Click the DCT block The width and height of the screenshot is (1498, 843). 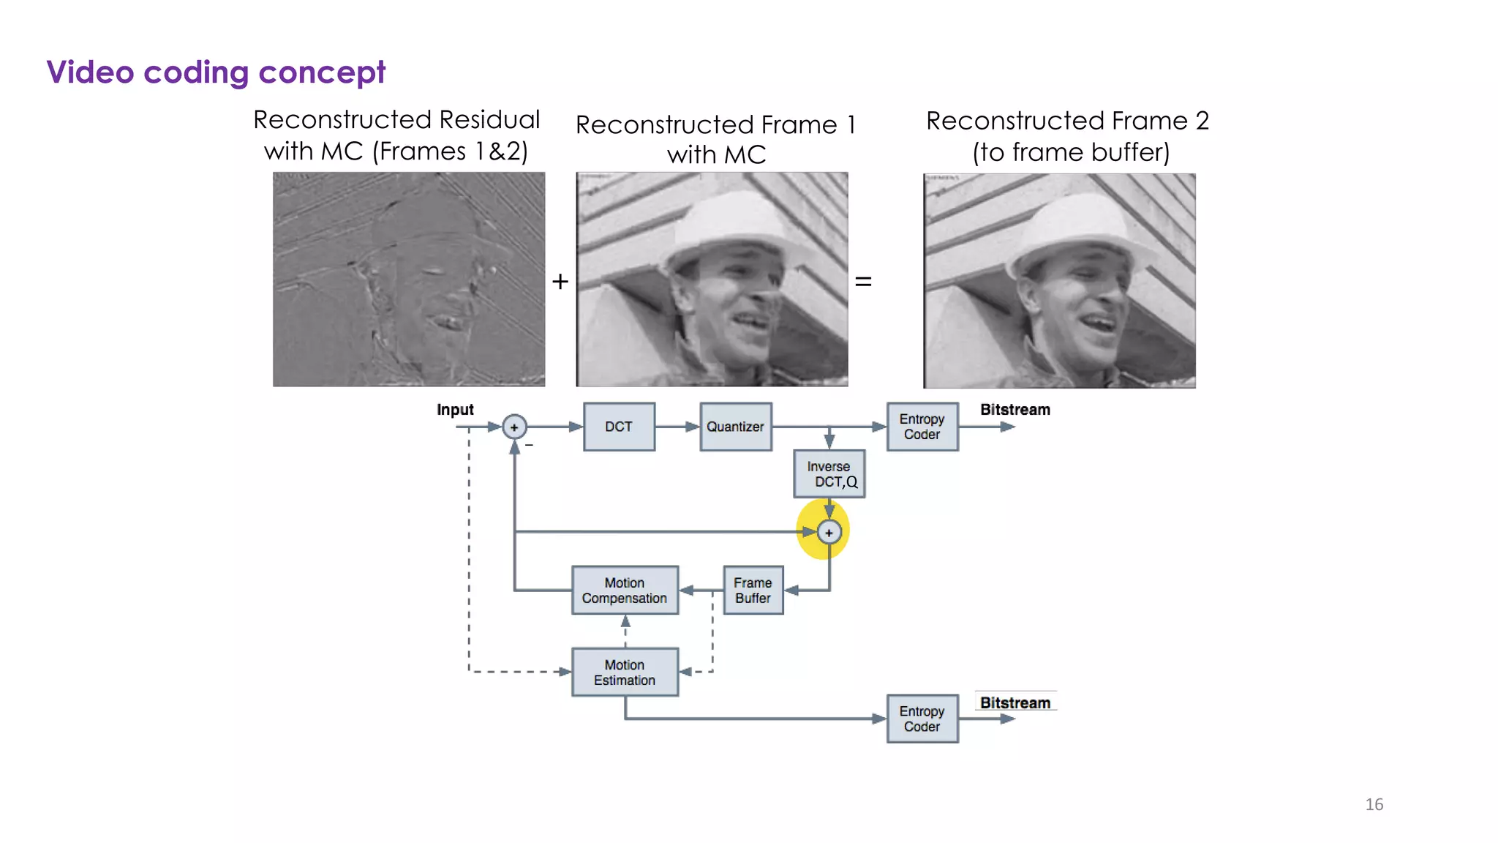tap(619, 427)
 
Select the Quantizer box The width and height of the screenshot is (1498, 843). tap(735, 427)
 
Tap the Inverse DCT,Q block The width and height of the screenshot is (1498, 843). tap(829, 474)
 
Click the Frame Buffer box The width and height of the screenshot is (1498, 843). tap(753, 590)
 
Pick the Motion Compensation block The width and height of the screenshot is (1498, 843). tap(625, 590)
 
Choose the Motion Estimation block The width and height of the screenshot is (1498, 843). tap(625, 672)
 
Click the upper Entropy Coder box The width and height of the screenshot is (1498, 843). tap(922, 427)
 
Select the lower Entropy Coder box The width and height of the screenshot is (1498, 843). tap(922, 719)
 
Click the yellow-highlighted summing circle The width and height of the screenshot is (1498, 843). tap(829, 533)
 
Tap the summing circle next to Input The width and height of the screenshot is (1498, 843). tap(514, 427)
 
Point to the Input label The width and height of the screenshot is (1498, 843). tap(455, 410)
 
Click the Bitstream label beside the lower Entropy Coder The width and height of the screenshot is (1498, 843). tap(1015, 703)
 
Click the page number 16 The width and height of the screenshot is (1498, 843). tap(1374, 804)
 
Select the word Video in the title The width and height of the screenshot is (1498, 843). tap(90, 72)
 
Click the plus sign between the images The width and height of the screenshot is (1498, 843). tap(560, 282)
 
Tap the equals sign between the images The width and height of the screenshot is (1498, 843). tap(863, 282)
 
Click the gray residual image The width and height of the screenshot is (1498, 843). tap(408, 280)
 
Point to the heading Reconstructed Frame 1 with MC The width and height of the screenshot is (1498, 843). tap(715, 139)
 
